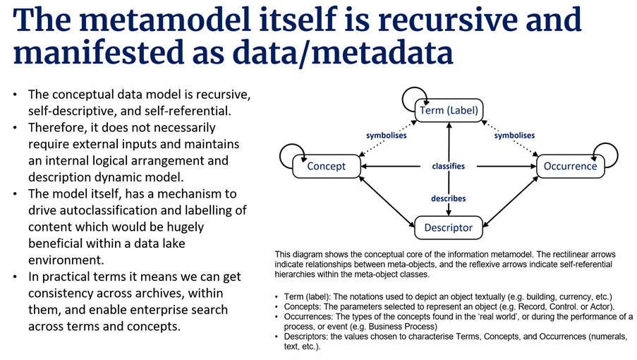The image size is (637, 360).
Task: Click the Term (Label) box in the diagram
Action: (x=449, y=110)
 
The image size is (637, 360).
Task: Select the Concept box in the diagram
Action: (x=327, y=167)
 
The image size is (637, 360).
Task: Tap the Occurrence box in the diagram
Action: (x=570, y=167)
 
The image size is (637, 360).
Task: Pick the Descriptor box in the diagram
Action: (x=449, y=227)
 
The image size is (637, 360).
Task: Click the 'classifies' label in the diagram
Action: (x=449, y=167)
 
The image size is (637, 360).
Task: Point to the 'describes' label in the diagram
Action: (x=449, y=199)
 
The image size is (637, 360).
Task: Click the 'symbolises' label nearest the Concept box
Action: (x=386, y=136)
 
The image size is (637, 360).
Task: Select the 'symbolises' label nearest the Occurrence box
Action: (x=514, y=136)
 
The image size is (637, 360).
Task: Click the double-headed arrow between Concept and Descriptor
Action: (x=387, y=200)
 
